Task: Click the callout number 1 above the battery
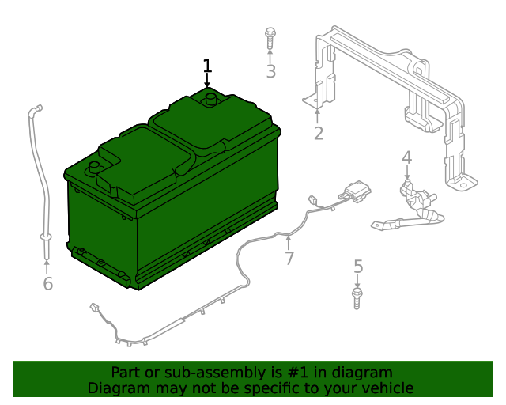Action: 208,66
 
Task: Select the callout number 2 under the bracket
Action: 318,134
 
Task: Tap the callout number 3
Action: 270,72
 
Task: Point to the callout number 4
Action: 406,157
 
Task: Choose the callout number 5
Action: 357,267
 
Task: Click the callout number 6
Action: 47,283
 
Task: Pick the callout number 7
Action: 289,258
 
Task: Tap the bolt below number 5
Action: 357,297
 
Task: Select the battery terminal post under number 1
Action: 210,99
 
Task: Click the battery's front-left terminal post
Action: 94,168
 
